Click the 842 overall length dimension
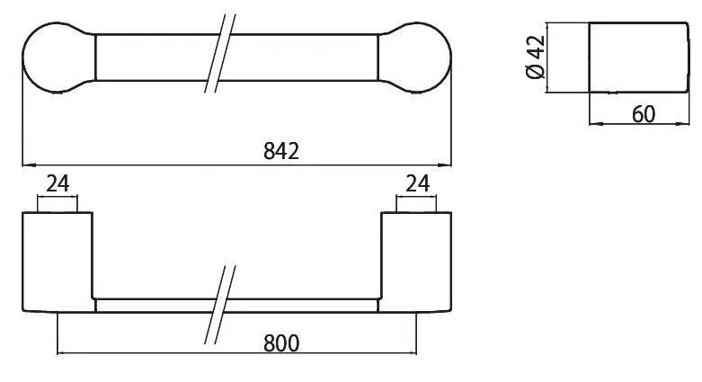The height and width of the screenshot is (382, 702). [281, 151]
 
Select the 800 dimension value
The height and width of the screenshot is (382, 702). [281, 343]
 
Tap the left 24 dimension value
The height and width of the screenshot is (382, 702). [58, 183]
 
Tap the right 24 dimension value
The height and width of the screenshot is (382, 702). [418, 183]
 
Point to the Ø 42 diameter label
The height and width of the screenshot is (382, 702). [536, 57]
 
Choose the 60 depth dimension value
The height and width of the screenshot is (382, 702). [644, 114]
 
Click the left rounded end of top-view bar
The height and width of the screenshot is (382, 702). [58, 58]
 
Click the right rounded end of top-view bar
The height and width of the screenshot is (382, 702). [414, 58]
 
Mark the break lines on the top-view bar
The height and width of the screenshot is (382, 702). [220, 54]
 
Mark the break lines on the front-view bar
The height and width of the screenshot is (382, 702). [220, 305]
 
